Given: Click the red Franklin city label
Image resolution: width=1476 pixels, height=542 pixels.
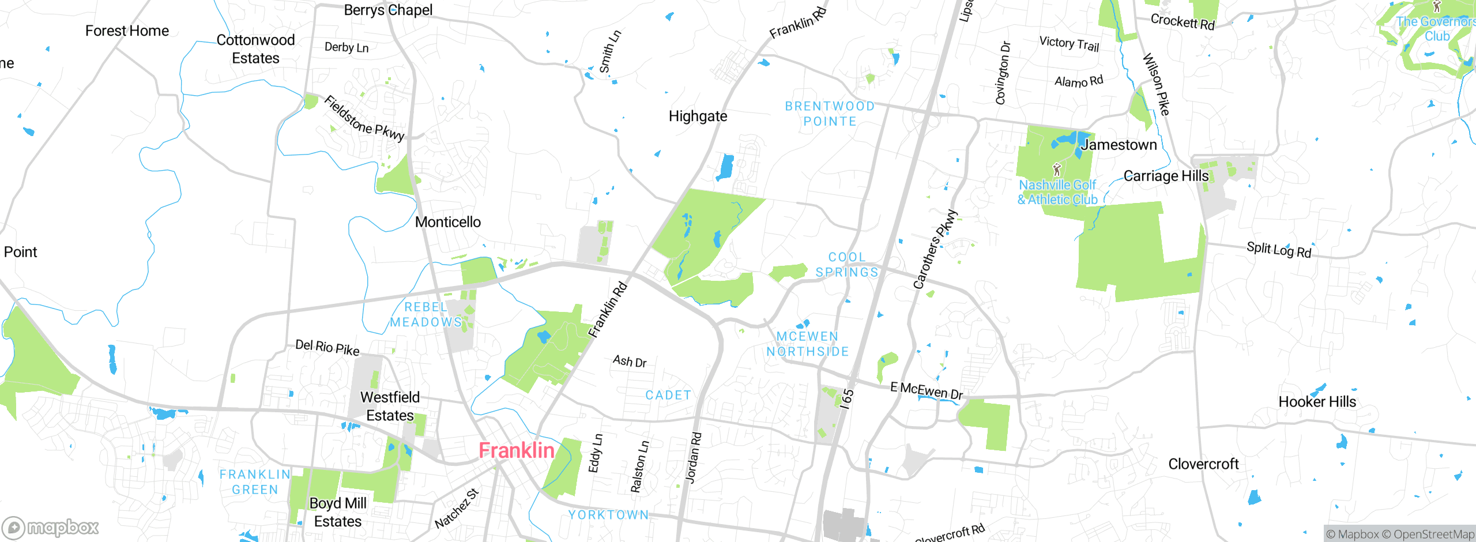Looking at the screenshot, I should click(516, 450).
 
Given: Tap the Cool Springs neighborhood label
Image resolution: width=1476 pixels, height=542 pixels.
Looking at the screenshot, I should click(846, 265).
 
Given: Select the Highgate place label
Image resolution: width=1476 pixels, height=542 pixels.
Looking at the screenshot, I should click(698, 116).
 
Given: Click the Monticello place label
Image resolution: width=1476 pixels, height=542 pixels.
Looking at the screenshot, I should click(448, 222).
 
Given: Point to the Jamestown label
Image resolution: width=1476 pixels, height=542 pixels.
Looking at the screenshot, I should click(1119, 145).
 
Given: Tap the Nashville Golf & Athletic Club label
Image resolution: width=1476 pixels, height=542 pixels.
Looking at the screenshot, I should click(1057, 192).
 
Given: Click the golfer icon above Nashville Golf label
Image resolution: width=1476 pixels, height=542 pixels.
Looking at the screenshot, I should click(1056, 170).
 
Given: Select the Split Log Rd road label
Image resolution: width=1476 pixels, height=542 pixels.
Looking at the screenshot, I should click(1279, 250).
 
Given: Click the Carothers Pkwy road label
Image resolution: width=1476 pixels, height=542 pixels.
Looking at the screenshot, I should click(935, 249).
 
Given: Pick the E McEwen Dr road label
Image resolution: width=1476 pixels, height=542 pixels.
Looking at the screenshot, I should click(927, 390).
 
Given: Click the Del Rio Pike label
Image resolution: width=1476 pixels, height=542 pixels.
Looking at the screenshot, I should click(327, 347).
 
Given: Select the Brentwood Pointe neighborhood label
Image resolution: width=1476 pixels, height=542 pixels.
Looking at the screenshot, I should click(830, 114).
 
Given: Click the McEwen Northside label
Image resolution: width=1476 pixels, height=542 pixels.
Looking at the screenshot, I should click(807, 344).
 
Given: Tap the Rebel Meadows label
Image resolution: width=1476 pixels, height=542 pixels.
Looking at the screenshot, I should click(426, 314).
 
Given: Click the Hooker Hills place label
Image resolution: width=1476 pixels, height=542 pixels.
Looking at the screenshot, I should click(1317, 402).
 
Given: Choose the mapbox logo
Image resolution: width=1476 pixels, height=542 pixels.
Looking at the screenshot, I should click(51, 527).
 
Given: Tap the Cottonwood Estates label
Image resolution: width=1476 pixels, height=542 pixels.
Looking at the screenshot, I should click(255, 49).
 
